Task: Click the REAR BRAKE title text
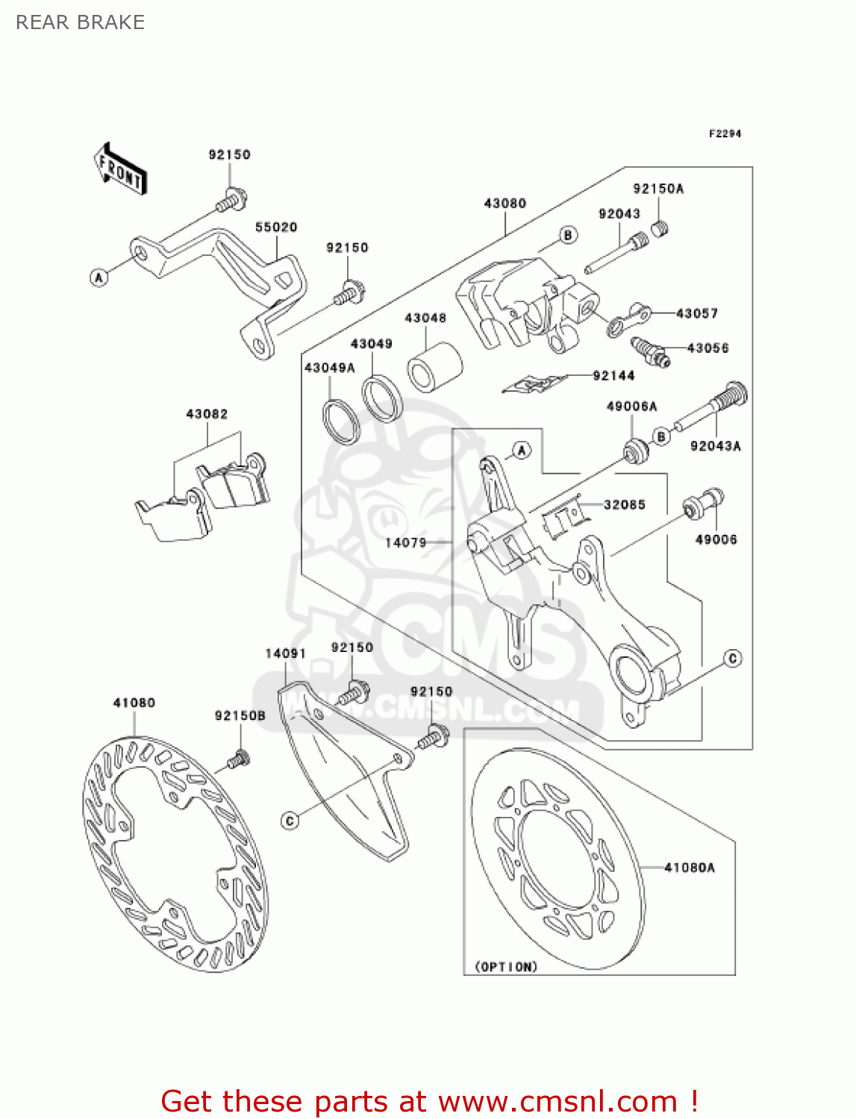(80, 22)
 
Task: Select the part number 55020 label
(276, 227)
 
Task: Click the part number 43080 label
(505, 203)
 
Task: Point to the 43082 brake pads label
(207, 414)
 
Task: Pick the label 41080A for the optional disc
(690, 868)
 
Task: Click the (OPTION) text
(506, 967)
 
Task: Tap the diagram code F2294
(725, 134)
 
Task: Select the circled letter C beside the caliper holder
(733, 658)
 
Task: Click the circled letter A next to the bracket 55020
(99, 278)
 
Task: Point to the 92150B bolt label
(240, 715)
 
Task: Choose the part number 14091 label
(286, 653)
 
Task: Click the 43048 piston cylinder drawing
(434, 366)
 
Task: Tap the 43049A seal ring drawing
(341, 421)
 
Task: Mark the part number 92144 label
(613, 376)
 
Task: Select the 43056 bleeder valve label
(707, 348)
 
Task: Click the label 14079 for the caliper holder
(406, 542)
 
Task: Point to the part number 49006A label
(632, 407)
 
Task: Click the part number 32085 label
(625, 505)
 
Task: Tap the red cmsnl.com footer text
(429, 1101)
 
